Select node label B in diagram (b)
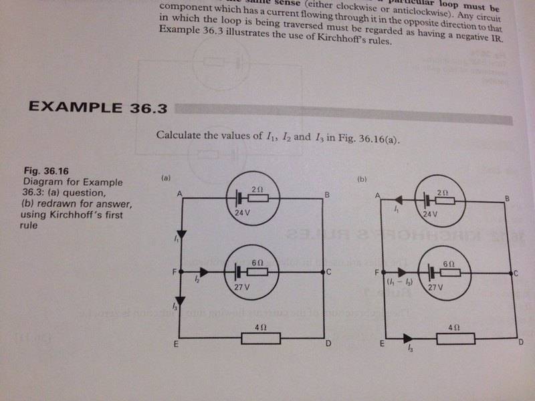click(508, 198)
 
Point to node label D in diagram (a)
click(328, 344)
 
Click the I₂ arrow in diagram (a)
click(203, 272)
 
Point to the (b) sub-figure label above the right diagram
click(363, 179)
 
